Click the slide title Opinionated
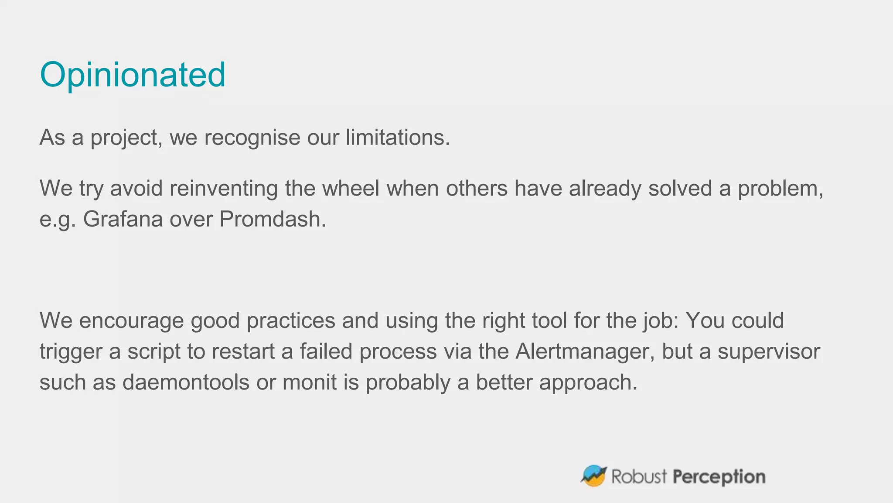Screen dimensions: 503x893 click(x=133, y=75)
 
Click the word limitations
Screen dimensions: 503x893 click(x=397, y=138)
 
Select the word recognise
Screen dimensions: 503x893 click(x=252, y=138)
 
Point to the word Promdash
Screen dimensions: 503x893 click(x=272, y=219)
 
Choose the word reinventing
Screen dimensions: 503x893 click(x=223, y=189)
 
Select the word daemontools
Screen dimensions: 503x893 click(x=186, y=382)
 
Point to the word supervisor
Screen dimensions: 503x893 click(x=769, y=351)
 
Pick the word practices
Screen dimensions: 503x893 click(x=290, y=320)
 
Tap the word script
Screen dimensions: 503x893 click(x=153, y=351)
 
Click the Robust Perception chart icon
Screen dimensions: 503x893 click(x=593, y=476)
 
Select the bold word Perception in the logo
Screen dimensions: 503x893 click(x=719, y=477)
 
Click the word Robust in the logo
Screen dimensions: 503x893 click(x=639, y=477)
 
